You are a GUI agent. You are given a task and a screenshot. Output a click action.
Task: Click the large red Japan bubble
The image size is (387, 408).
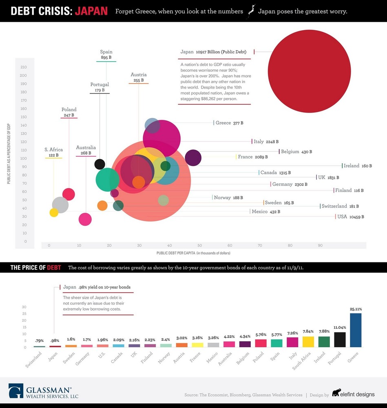coord(310,71)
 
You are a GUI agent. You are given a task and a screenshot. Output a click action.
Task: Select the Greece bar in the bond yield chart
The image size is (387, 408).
coord(356,330)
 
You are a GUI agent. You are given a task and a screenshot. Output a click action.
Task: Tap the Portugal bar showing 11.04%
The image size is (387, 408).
coord(340,339)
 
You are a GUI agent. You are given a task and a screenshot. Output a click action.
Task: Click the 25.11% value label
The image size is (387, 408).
coord(356,309)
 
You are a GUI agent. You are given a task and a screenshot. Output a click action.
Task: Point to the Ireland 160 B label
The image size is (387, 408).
coord(357,166)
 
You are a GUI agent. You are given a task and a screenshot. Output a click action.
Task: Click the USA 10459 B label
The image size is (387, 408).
coord(350,217)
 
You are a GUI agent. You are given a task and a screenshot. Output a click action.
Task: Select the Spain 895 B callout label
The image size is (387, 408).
coord(106,55)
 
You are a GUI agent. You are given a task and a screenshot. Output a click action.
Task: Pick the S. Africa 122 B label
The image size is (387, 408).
coord(53,152)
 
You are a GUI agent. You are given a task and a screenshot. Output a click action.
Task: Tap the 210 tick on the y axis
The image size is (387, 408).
coord(23,67)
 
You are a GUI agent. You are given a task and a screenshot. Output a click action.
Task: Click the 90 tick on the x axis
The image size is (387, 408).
coord(320,245)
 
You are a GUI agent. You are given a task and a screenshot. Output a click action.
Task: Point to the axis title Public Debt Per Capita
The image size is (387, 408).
coord(193,253)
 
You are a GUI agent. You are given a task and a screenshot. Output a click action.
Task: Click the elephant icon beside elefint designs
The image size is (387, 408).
coord(336,393)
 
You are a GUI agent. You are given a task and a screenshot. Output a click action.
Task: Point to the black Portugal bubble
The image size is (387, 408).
coord(100,164)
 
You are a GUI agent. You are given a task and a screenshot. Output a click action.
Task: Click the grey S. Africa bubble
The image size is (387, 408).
coord(60,204)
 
